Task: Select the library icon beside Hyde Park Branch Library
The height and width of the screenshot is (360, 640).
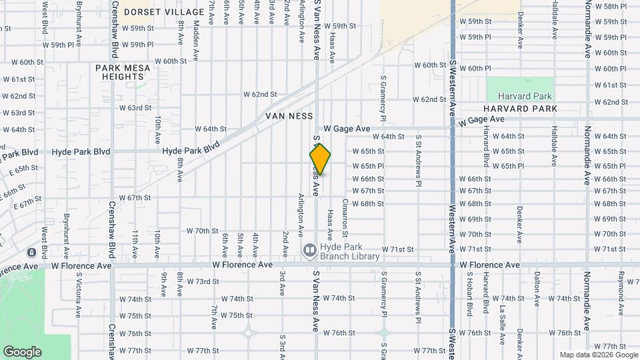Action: click(309, 251)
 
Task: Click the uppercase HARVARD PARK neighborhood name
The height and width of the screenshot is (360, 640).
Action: click(520, 109)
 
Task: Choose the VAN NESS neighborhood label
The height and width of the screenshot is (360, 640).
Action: click(289, 116)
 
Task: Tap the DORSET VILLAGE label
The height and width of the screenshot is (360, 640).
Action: click(164, 12)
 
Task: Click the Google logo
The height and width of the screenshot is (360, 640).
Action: click(22, 352)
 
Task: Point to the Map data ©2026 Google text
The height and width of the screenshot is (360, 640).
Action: click(598, 355)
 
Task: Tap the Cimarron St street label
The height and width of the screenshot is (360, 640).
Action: click(345, 217)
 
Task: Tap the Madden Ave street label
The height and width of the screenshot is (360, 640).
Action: click(197, 31)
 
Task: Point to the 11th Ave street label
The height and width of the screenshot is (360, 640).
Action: click(135, 243)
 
